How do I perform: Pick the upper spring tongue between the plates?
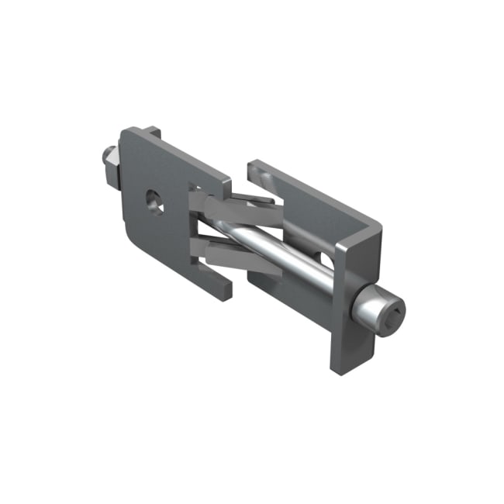click(x=233, y=205)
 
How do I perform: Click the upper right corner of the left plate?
click(x=225, y=183)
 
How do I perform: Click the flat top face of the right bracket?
click(x=318, y=202)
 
